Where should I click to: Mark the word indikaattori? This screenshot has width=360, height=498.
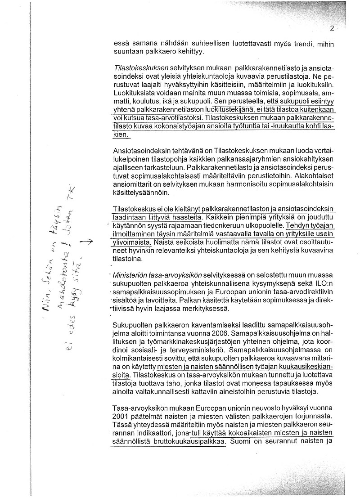pos(149,433)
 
